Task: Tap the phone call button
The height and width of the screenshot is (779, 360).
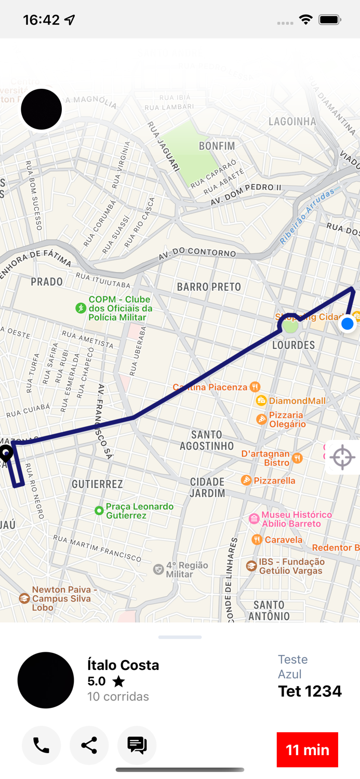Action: click(x=41, y=745)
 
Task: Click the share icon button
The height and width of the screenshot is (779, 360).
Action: click(x=89, y=745)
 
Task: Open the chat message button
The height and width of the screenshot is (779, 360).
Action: click(x=137, y=745)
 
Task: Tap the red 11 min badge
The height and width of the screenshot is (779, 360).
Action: click(x=307, y=749)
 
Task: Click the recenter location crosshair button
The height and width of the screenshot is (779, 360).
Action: click(x=342, y=458)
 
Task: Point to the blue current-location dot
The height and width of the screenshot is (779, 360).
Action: click(x=347, y=324)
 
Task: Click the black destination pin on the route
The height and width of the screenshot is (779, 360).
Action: click(x=6, y=453)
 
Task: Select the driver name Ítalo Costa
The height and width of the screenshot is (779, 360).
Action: click(x=123, y=665)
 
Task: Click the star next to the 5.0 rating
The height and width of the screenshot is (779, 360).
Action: click(x=118, y=681)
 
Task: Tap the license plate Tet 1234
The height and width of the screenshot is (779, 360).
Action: click(x=310, y=691)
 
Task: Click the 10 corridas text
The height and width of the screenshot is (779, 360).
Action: click(x=118, y=696)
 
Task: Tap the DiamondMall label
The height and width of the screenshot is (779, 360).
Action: click(x=297, y=400)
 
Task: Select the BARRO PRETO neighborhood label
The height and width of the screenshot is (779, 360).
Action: click(x=209, y=287)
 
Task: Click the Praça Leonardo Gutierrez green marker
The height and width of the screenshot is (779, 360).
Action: click(x=99, y=511)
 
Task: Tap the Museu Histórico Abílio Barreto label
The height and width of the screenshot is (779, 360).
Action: click(x=297, y=519)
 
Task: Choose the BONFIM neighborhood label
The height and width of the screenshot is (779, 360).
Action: click(x=217, y=146)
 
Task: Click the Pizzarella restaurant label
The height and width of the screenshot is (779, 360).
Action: click(x=274, y=480)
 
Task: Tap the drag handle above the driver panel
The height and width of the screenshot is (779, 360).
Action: click(x=180, y=637)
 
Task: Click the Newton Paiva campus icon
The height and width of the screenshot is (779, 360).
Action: click(x=24, y=599)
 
